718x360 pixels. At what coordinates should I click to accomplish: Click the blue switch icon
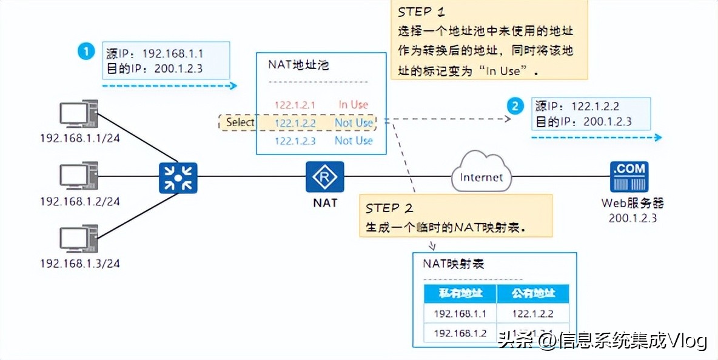click(178, 177)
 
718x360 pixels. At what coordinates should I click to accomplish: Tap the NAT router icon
click(324, 177)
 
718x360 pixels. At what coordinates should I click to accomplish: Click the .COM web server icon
click(628, 177)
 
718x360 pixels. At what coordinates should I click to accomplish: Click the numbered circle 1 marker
click(87, 52)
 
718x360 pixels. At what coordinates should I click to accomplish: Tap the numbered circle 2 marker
click(515, 107)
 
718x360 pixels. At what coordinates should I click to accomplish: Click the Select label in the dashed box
click(240, 122)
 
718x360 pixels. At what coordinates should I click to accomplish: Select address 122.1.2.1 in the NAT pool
click(295, 105)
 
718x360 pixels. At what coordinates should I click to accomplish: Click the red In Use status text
click(353, 105)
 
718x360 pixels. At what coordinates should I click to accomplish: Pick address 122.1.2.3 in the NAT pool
click(295, 141)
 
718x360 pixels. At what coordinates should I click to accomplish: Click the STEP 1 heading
click(424, 12)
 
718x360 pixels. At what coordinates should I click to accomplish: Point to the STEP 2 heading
click(389, 208)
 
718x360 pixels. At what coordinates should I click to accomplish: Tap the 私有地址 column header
click(460, 294)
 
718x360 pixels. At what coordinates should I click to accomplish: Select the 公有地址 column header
click(533, 294)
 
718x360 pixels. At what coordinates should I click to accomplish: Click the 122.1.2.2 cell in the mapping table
click(533, 314)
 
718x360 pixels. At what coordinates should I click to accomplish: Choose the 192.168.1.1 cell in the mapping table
click(460, 314)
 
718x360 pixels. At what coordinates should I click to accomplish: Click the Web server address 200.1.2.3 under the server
click(632, 218)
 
